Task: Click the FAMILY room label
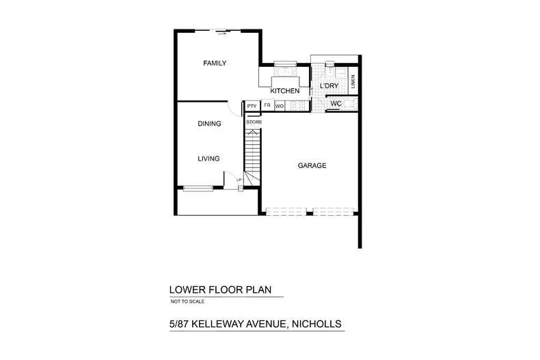pos(215,64)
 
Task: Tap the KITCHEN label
pos(285,91)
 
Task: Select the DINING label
pos(209,124)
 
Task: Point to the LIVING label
pos(208,158)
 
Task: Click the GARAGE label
pos(312,166)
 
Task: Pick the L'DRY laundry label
pos(329,86)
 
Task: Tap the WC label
pos(336,104)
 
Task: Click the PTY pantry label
pos(252,106)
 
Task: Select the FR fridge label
pos(267,106)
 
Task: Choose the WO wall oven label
pos(280,106)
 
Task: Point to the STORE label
pos(254,122)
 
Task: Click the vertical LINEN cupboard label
pos(352,81)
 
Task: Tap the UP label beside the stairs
pos(239,180)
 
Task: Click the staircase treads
pos(253,154)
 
